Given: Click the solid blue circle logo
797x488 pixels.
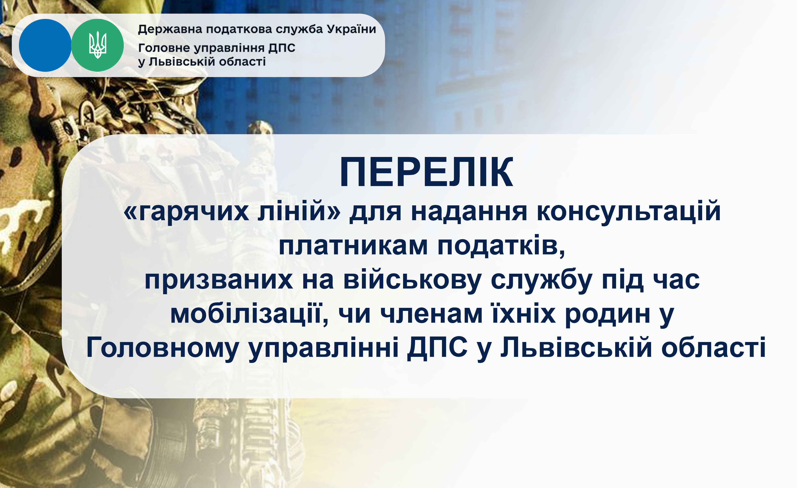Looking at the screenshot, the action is pyautogui.click(x=45, y=45).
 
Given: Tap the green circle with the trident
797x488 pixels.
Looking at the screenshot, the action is pyautogui.click(x=97, y=45).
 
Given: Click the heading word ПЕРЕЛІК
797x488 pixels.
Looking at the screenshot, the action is pyautogui.click(x=426, y=172).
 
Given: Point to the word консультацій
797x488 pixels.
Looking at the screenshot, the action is pyautogui.click(x=629, y=212).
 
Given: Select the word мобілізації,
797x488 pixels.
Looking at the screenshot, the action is pyautogui.click(x=249, y=314).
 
